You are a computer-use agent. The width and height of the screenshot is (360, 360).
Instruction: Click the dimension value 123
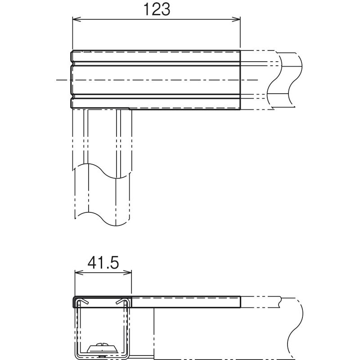(x=157, y=9)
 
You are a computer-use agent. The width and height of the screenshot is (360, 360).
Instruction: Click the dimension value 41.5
(x=103, y=263)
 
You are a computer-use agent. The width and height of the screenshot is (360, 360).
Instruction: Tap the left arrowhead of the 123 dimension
(x=77, y=19)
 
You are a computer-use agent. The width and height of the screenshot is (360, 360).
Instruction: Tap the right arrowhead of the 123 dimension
(x=236, y=19)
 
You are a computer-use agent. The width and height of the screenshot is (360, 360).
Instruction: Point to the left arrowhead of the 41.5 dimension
(x=80, y=273)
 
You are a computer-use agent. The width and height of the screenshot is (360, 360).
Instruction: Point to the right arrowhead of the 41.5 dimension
(x=127, y=273)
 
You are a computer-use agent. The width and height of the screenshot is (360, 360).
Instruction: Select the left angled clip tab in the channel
(x=83, y=302)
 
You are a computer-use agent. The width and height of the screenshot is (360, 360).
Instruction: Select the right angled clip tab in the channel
(x=121, y=302)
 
